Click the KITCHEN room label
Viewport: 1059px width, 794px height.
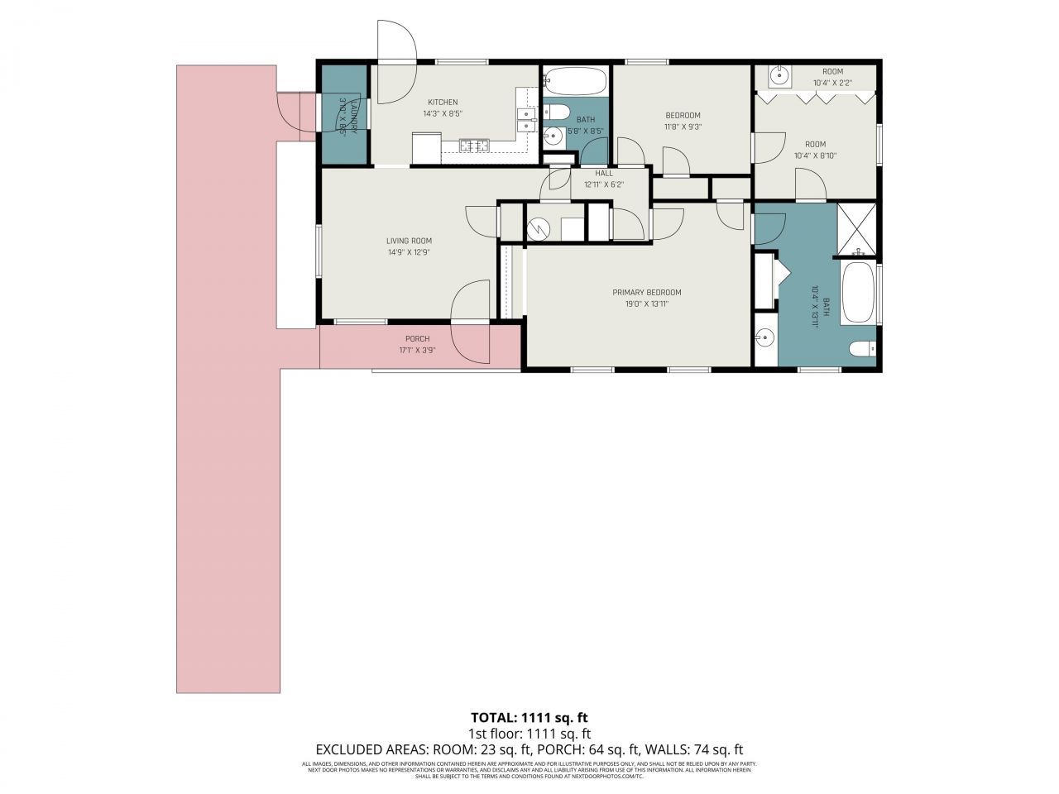443,103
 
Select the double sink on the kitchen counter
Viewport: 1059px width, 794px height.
525,120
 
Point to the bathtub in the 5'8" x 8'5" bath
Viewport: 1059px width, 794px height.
575,81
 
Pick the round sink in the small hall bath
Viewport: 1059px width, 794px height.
553,136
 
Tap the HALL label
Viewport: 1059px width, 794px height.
604,174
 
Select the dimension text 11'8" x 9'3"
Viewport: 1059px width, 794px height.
683,127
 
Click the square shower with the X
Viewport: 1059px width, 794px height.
859,227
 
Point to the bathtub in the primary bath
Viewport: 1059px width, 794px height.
860,293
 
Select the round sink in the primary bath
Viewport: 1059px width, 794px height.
765,337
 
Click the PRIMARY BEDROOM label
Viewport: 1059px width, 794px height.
646,292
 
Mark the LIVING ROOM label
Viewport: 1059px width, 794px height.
409,242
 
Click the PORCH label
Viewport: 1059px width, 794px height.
417,339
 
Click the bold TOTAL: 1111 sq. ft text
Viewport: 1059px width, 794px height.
529,717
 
